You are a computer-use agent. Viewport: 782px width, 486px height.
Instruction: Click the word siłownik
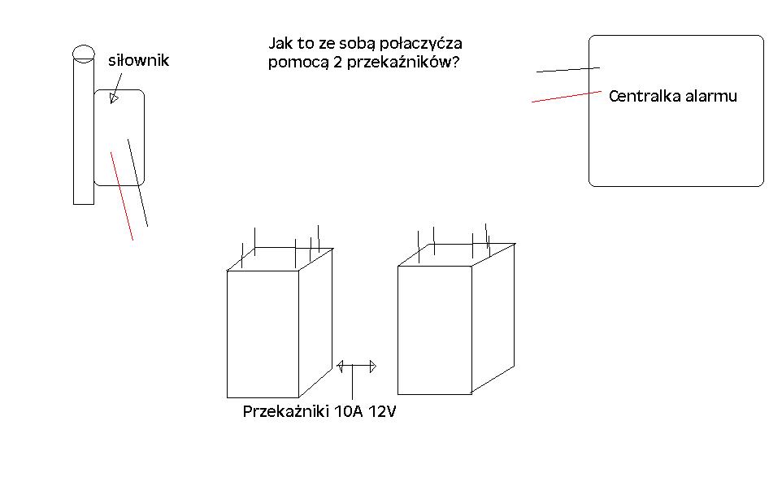point(139,60)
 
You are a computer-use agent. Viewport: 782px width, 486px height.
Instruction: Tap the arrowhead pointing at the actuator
point(114,98)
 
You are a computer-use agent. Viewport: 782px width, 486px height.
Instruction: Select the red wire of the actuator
point(122,196)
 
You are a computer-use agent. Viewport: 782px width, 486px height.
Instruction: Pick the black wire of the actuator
point(137,182)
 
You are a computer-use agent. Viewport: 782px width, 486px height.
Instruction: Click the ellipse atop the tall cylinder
point(83,53)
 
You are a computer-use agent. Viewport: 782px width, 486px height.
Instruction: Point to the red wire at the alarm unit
point(567,97)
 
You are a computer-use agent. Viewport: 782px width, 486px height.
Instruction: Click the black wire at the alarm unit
point(568,70)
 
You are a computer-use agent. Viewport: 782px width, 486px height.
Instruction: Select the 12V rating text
point(383,411)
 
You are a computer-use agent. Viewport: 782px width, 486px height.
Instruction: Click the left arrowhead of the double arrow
point(340,367)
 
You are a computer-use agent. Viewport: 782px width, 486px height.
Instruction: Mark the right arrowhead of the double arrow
point(372,367)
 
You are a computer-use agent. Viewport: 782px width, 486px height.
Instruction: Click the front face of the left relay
point(263,334)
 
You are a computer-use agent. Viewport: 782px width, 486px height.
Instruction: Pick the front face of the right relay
point(435,330)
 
